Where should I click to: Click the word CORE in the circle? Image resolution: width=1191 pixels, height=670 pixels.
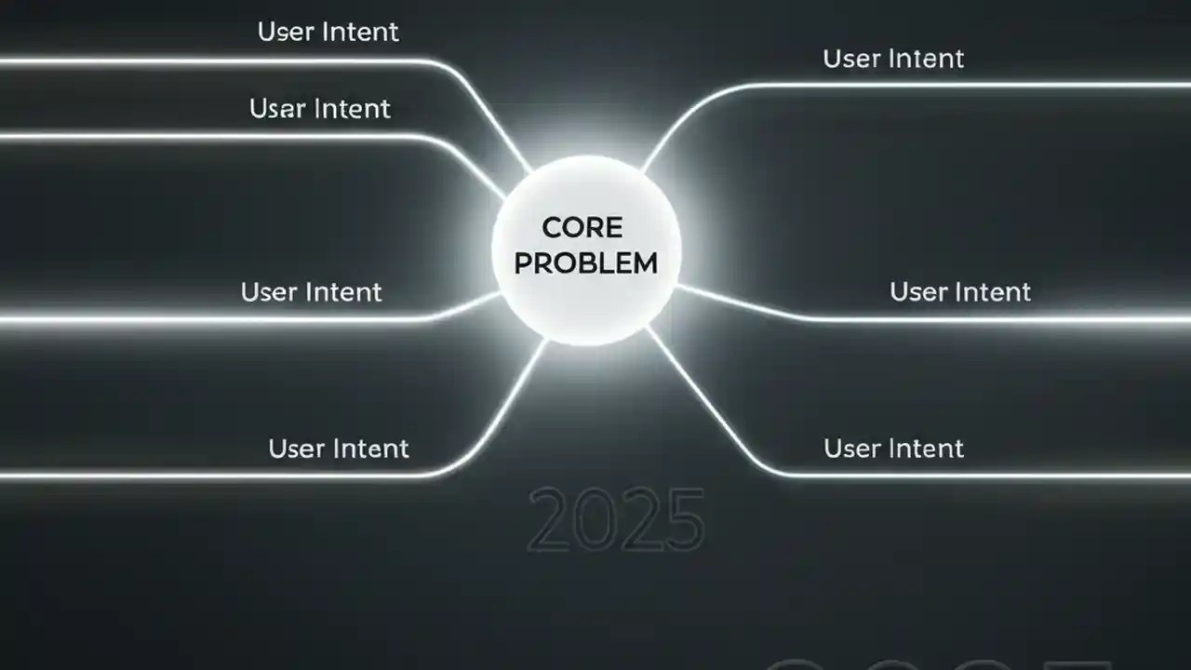tap(582, 228)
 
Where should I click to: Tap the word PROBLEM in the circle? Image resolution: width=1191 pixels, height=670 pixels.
tap(585, 263)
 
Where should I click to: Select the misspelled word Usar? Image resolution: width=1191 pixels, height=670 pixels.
tap(280, 109)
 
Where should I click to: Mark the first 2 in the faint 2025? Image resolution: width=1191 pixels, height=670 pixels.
tap(551, 519)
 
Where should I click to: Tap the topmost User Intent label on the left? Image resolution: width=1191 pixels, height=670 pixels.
tap(328, 32)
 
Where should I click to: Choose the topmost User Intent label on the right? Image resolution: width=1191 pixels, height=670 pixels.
tap(893, 59)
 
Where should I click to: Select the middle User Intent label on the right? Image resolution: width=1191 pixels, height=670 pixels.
tap(960, 292)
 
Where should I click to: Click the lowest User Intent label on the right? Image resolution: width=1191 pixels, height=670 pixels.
tap(893, 449)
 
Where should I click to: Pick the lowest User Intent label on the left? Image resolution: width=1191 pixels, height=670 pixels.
tap(339, 449)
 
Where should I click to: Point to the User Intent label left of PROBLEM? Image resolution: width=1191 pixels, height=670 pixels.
tap(311, 292)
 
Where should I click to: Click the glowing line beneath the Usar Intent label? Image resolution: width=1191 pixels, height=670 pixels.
tap(233, 137)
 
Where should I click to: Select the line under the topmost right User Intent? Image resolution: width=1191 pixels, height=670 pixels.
tap(930, 86)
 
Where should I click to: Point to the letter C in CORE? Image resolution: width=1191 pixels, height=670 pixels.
tap(551, 228)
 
